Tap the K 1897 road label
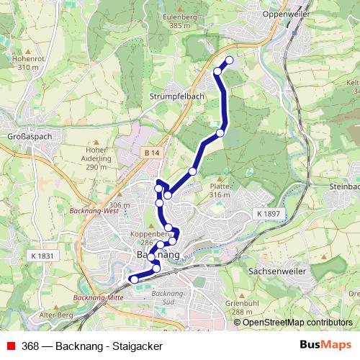tap(269, 214)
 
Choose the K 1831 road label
tap(43, 255)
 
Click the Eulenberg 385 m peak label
tap(180, 20)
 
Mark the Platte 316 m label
tap(220, 190)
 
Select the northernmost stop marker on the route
tap(230, 60)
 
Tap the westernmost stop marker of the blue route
tap(133, 279)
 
